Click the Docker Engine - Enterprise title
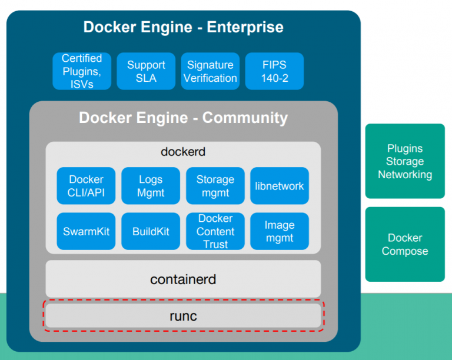[x=183, y=27]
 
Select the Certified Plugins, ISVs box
[x=82, y=71]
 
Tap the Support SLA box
[x=146, y=71]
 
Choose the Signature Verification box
[x=210, y=71]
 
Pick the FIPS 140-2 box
[x=274, y=71]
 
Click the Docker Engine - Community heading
[x=183, y=118]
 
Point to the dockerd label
[x=183, y=152]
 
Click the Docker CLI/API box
[x=86, y=186]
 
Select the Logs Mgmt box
[x=151, y=186]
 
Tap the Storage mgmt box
[x=215, y=186]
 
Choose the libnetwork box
[x=280, y=186]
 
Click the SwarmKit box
[x=86, y=231]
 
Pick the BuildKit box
[x=151, y=231]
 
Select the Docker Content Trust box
[x=215, y=231]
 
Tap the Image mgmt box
[x=280, y=231]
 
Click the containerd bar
[x=183, y=279]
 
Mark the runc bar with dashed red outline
[x=183, y=316]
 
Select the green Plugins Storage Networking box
[x=405, y=161]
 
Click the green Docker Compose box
[x=405, y=244]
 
